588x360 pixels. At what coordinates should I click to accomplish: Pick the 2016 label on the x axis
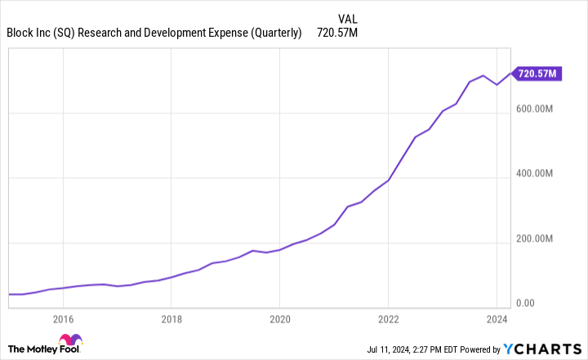tap(63, 318)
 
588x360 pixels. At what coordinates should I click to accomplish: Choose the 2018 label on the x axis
tap(170, 318)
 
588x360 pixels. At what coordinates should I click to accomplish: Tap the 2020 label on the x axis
tap(279, 318)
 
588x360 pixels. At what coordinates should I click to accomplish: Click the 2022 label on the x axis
tap(388, 318)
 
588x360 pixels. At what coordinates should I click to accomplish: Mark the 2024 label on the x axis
tap(497, 318)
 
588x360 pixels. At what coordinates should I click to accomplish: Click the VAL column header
tap(347, 18)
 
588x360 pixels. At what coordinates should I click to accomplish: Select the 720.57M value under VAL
tap(336, 33)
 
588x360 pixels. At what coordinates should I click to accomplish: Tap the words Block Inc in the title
tap(30, 33)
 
